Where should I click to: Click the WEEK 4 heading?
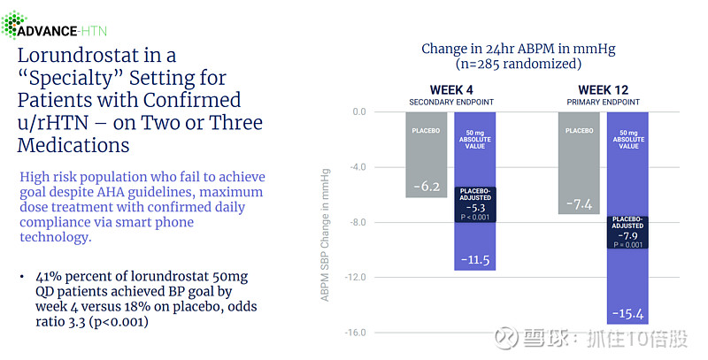(451, 90)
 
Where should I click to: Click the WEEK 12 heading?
(604, 90)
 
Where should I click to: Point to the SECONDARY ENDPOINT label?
(451, 102)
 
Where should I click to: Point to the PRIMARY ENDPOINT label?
(604, 102)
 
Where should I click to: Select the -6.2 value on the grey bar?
(427, 187)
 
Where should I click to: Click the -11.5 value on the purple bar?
(475, 260)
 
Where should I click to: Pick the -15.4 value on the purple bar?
(627, 314)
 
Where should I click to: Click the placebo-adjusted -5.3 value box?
(475, 203)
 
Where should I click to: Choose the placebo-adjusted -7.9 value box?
(627, 232)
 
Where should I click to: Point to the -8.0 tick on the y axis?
(357, 222)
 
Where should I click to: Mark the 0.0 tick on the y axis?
(358, 111)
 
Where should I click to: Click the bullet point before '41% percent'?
(22, 277)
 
